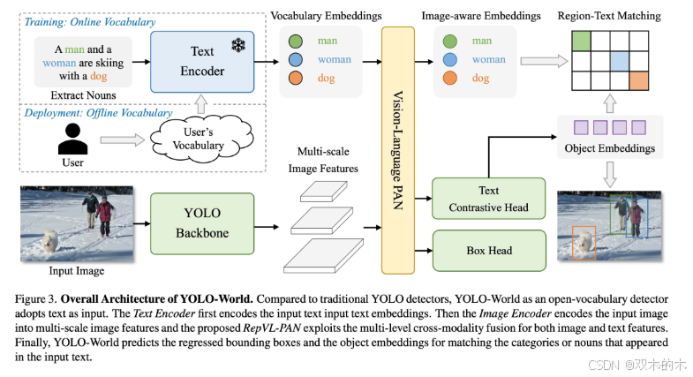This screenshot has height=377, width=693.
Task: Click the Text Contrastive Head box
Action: pyautogui.click(x=489, y=199)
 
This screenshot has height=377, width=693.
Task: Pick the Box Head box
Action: pyautogui.click(x=489, y=251)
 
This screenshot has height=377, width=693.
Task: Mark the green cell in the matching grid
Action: pyautogui.click(x=581, y=40)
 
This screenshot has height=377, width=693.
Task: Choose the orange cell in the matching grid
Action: pyautogui.click(x=639, y=80)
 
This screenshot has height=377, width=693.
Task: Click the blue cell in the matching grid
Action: pyautogui.click(x=620, y=60)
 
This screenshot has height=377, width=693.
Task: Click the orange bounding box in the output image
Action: pyautogui.click(x=584, y=242)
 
